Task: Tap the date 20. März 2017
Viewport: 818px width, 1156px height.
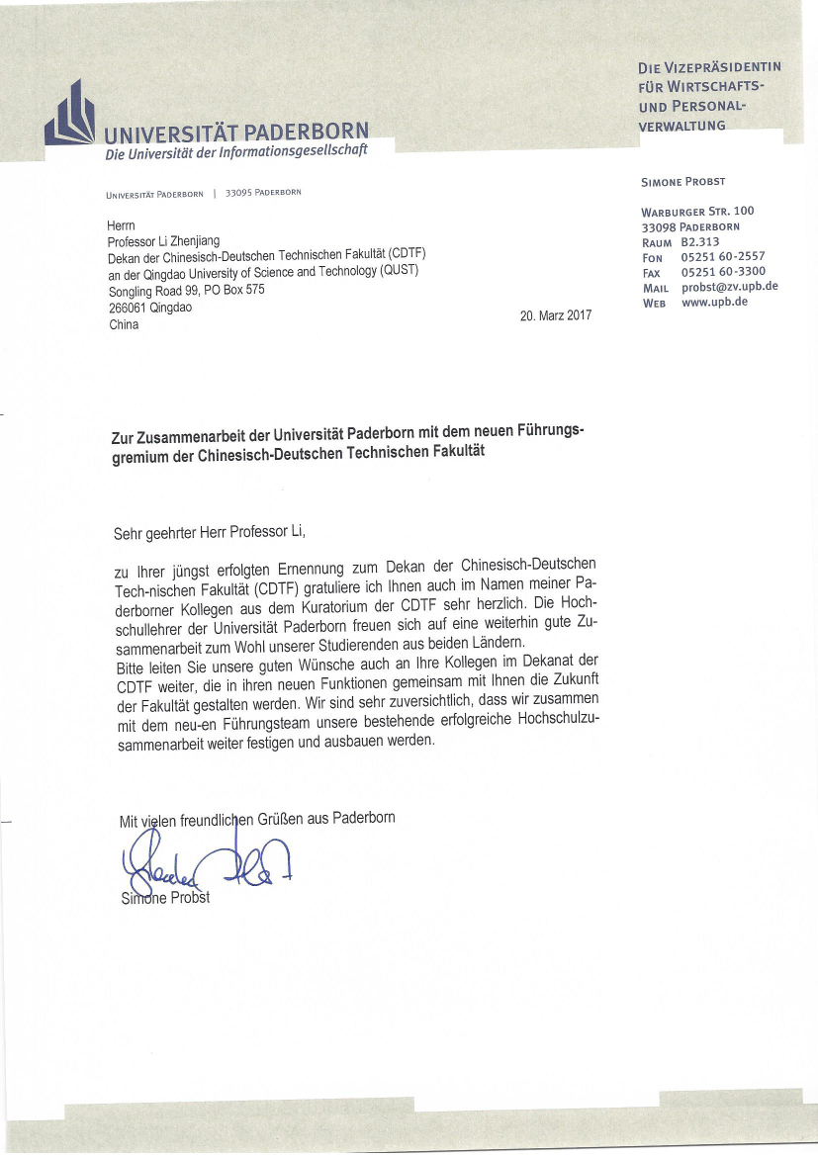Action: (555, 315)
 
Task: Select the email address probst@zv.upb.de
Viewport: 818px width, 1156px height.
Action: (729, 287)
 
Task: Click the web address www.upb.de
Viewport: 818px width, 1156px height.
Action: (714, 303)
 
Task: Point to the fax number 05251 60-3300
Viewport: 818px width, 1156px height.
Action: (723, 272)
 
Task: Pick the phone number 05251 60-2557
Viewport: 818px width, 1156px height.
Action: (723, 257)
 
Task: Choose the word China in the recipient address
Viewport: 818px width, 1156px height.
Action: (124, 324)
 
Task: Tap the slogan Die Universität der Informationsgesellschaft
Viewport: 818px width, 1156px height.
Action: (236, 151)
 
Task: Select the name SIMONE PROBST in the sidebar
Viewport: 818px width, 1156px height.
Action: (683, 182)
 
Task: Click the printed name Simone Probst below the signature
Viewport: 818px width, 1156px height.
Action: (165, 898)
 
